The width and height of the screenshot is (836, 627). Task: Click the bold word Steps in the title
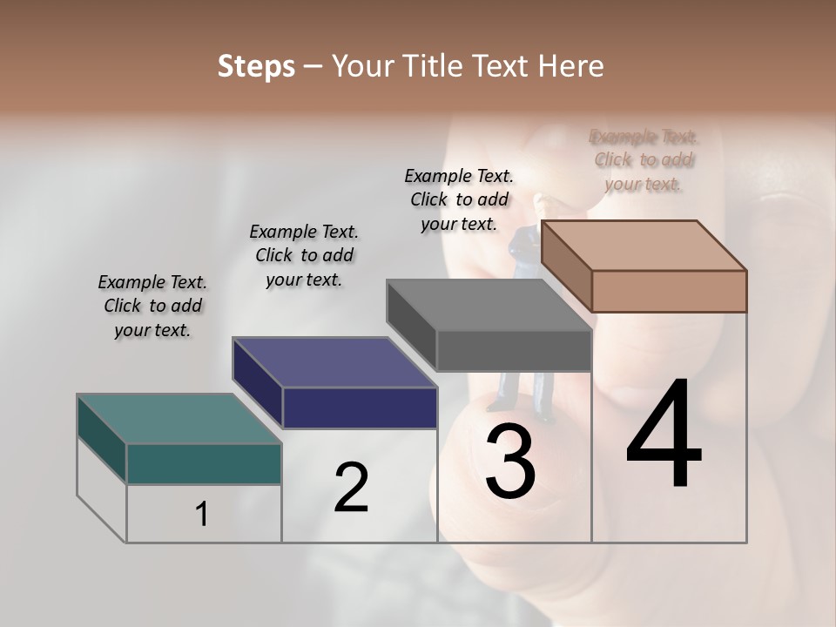(x=256, y=66)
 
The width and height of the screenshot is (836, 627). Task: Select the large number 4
(x=664, y=435)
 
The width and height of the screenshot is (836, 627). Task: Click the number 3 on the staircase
(x=510, y=461)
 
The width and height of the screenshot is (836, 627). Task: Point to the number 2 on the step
(x=352, y=488)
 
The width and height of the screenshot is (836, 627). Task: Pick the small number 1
(x=202, y=515)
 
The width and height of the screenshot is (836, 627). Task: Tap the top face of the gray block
(x=489, y=306)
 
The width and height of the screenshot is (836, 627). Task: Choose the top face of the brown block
(x=644, y=246)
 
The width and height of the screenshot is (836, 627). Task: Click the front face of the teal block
(x=204, y=463)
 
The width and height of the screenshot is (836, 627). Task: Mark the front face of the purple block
(x=360, y=408)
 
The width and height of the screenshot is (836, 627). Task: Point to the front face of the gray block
(x=514, y=351)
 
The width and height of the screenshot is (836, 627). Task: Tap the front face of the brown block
(x=669, y=291)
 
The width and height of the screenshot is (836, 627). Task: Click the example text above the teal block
(x=152, y=307)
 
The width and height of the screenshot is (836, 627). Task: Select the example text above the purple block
(x=304, y=256)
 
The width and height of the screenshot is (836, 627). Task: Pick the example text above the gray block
(x=459, y=199)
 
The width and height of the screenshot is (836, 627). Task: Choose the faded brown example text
(x=644, y=160)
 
